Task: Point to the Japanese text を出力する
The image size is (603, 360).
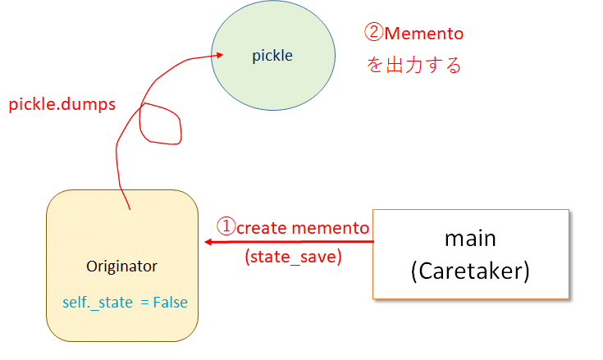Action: click(413, 65)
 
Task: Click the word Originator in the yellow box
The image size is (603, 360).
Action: click(121, 267)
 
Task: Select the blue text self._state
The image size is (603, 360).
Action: click(98, 303)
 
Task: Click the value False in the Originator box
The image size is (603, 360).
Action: click(170, 303)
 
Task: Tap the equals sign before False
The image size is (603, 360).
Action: click(144, 303)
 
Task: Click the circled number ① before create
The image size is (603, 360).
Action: click(226, 226)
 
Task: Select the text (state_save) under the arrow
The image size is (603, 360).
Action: click(293, 257)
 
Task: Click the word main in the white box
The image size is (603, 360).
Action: click(470, 238)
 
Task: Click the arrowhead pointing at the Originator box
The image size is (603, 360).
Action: click(209, 242)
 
